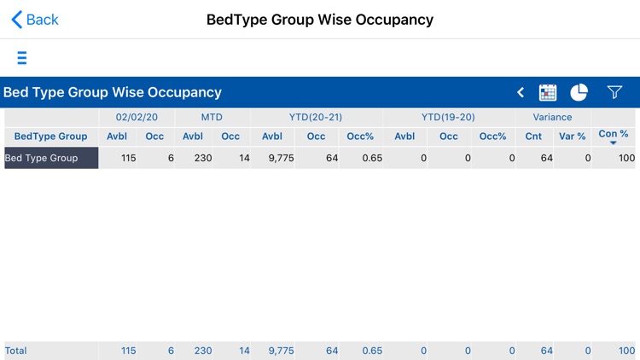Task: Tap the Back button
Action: [35, 20]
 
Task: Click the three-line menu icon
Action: [22, 58]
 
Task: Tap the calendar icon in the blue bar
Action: [548, 92]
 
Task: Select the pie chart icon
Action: [579, 92]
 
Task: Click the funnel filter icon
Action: [614, 92]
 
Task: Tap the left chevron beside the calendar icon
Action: [521, 92]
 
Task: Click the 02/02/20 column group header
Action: [137, 117]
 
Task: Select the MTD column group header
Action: [212, 117]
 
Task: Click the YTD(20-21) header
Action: [316, 117]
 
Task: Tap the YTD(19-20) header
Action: [448, 117]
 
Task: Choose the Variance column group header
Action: [553, 117]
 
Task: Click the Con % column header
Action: [613, 135]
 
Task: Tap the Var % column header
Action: [572, 136]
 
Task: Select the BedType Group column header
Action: [51, 136]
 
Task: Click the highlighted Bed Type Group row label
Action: [51, 158]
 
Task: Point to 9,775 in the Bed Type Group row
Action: [281, 158]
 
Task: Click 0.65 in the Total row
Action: [370, 351]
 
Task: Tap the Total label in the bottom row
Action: [16, 351]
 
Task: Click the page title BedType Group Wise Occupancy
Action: [320, 20]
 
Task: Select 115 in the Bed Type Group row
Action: [128, 158]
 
